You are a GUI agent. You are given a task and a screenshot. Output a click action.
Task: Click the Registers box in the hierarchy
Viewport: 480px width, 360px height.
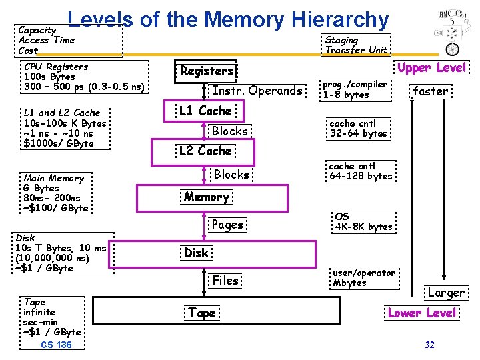coord(207,71)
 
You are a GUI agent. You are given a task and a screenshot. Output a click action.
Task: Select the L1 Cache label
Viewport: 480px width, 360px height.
coord(205,111)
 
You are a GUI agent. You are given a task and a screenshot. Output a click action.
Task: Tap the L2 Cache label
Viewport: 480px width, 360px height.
coord(205,151)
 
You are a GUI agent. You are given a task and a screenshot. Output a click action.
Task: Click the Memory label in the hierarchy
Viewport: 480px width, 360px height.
coord(206,197)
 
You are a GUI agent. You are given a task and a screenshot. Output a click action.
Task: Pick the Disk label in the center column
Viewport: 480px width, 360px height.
coord(196,253)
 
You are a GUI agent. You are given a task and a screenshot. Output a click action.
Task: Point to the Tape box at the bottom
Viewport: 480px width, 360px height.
coord(202,313)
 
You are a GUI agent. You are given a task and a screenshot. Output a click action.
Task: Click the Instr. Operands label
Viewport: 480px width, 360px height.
coord(257,91)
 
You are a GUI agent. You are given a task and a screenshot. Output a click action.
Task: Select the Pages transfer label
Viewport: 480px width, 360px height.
coord(227,225)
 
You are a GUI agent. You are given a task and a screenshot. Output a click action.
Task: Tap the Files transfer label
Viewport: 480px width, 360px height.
coord(225,281)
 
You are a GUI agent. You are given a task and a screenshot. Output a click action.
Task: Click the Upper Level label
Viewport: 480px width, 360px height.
coord(433,68)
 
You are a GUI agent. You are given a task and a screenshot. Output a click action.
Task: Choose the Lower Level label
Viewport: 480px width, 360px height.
coord(422,313)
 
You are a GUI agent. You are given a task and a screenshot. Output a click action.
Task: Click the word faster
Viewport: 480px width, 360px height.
coord(431,91)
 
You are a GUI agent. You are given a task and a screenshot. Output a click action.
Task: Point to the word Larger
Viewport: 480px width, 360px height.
coord(446,293)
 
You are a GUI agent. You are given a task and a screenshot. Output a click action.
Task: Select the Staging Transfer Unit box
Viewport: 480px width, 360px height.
coord(356,45)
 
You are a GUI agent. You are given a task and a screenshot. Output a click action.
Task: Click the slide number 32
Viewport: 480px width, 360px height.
coord(429,345)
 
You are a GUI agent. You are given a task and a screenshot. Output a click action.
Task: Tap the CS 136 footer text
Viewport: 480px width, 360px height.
coord(56,345)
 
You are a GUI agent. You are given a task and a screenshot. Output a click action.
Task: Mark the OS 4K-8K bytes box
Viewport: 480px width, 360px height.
coord(363,221)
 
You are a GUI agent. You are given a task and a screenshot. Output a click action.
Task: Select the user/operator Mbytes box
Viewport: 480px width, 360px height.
coord(363,277)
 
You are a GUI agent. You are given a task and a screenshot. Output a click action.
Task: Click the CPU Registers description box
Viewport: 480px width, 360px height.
coord(84,77)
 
